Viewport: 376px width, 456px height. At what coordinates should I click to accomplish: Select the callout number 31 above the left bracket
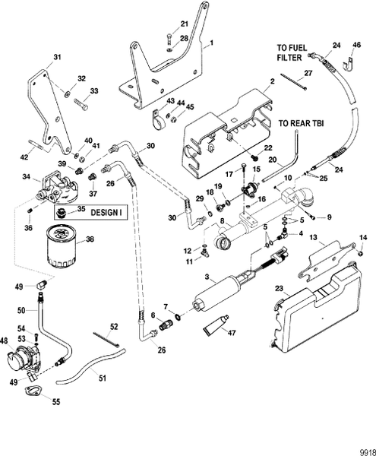click(56, 56)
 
